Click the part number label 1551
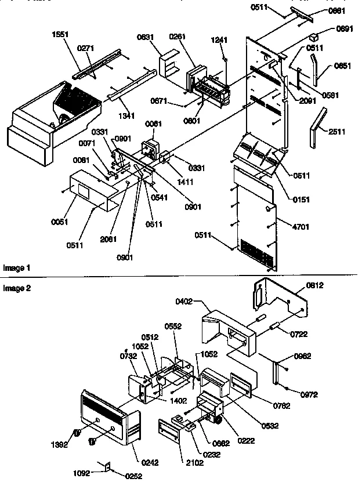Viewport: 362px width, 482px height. (x=60, y=34)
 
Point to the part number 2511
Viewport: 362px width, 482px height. (x=335, y=132)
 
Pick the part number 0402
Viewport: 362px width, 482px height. (x=187, y=301)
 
